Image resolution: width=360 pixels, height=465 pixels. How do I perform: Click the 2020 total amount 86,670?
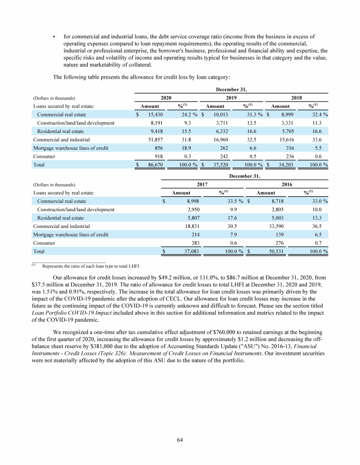(x=153, y=165)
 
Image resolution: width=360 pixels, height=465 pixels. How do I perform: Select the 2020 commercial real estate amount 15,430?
(x=153, y=115)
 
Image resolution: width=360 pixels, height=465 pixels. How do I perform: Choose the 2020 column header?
(x=166, y=98)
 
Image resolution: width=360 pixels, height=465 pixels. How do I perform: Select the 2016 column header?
(x=286, y=185)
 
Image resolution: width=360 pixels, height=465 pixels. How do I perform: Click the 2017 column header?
(x=202, y=185)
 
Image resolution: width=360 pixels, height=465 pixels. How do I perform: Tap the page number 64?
(x=180, y=439)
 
